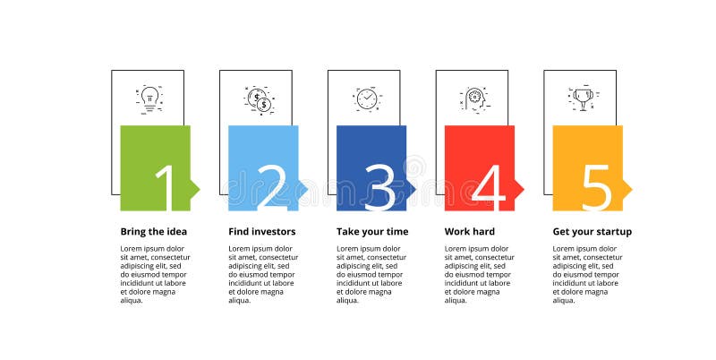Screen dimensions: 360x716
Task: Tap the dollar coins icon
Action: click(x=258, y=100)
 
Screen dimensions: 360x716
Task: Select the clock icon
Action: click(x=366, y=99)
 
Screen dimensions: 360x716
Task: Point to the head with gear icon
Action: click(x=473, y=99)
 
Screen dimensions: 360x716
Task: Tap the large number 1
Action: click(x=166, y=187)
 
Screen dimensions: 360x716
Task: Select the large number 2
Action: click(x=272, y=187)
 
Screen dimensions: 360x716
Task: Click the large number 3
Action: click(x=379, y=187)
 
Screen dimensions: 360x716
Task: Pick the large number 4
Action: click(x=489, y=187)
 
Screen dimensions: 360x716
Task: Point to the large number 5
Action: click(x=596, y=187)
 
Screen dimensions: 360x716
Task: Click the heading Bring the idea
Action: click(x=154, y=231)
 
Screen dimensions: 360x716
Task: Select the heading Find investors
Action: click(x=262, y=231)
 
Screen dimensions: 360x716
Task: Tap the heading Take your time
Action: click(x=372, y=231)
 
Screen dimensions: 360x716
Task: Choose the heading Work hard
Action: click(x=470, y=231)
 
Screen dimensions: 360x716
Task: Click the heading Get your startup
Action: click(x=592, y=231)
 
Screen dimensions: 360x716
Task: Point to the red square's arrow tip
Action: click(x=520, y=189)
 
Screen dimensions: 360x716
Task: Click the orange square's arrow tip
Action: click(x=628, y=189)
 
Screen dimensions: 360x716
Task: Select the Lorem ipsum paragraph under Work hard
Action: click(x=480, y=274)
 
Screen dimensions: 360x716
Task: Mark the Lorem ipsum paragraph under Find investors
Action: click(x=263, y=274)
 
